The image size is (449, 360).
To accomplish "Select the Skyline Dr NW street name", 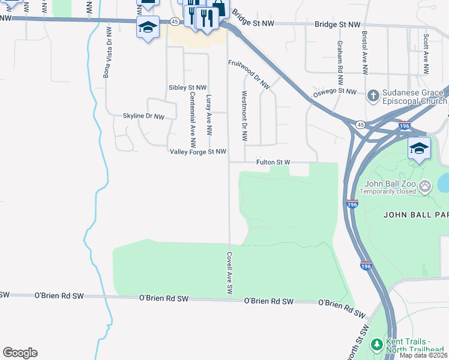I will click(143, 116).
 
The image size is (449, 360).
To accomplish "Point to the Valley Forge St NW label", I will click(198, 152).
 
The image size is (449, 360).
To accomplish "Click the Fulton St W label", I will click(273, 162).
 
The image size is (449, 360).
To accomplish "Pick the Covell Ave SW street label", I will click(229, 272).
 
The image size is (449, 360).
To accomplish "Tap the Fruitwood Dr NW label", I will click(249, 74).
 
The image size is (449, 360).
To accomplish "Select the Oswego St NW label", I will click(335, 91).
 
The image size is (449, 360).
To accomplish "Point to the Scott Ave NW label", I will click(426, 54).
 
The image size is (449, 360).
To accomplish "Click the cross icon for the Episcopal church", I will click(373, 95).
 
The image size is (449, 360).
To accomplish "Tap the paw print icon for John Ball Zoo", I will click(426, 186).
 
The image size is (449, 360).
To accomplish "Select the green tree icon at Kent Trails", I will click(376, 344).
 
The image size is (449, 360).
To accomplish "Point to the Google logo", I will click(20, 353).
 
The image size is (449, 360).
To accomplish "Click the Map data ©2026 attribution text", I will click(423, 355).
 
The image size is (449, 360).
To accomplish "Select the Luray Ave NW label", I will click(209, 115).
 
